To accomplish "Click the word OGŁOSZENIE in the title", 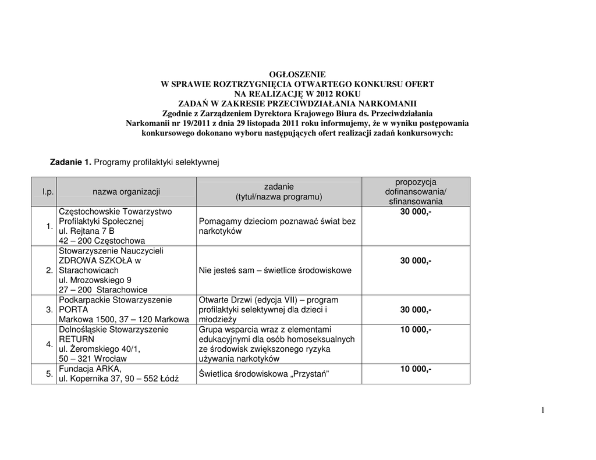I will pyautogui.click(x=297, y=74).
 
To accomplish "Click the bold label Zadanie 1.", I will pyautogui.click(x=70, y=162).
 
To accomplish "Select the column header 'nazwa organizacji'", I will pyautogui.click(x=126, y=192).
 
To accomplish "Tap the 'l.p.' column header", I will pyautogui.click(x=47, y=192).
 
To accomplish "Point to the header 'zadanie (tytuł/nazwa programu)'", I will pyautogui.click(x=279, y=192).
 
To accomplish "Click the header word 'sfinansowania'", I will pyautogui.click(x=416, y=202).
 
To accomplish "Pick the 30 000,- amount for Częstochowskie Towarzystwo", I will pyautogui.click(x=416, y=212).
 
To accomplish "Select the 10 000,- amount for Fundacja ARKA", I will pyautogui.click(x=416, y=369).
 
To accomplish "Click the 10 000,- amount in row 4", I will pyautogui.click(x=416, y=330).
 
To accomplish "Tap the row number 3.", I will pyautogui.click(x=49, y=310).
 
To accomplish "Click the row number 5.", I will pyautogui.click(x=49, y=374).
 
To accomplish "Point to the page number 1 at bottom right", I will pyautogui.click(x=542, y=411).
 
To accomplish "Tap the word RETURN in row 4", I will pyautogui.click(x=76, y=339).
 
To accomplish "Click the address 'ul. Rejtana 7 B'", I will pyautogui.click(x=87, y=231).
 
